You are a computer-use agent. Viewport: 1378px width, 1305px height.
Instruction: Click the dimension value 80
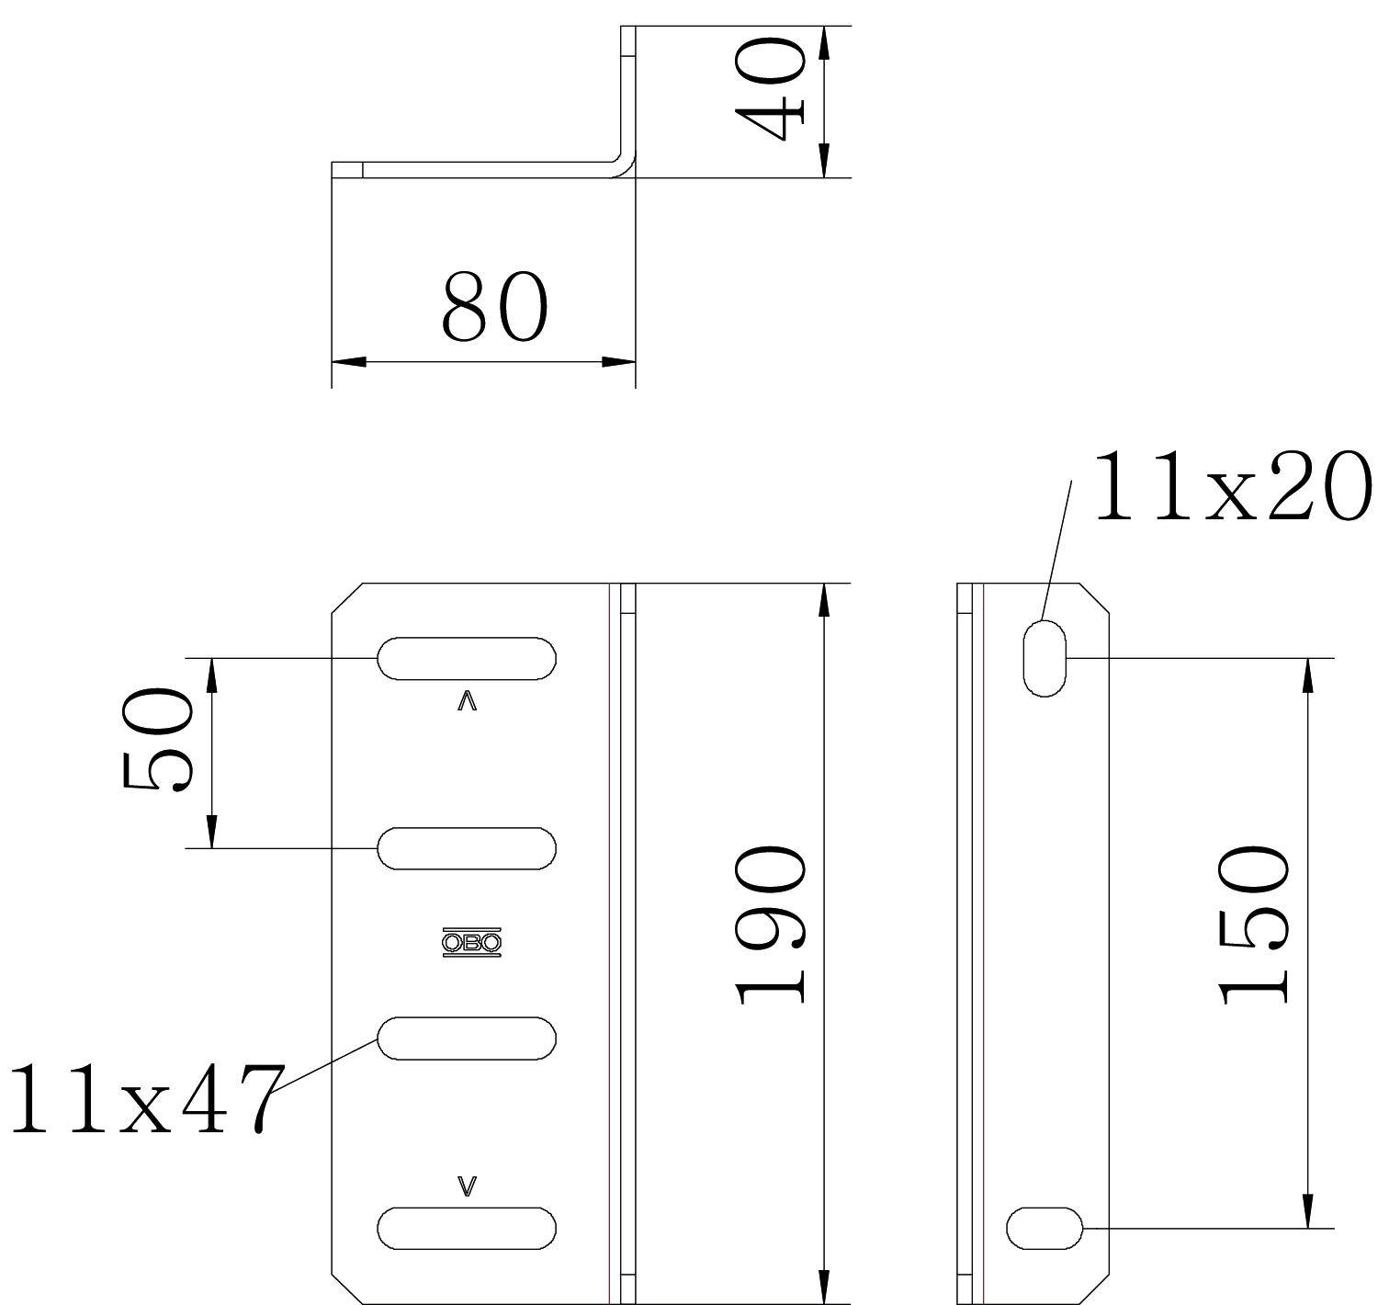tap(494, 306)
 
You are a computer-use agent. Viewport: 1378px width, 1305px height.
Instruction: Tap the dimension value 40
tap(770, 89)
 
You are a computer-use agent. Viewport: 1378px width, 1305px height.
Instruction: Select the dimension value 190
tap(770, 925)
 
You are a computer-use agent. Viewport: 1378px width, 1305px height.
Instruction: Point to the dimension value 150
tap(1253, 925)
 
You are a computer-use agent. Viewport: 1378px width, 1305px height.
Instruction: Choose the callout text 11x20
tap(1232, 486)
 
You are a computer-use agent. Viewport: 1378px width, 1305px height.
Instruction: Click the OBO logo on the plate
tap(471, 943)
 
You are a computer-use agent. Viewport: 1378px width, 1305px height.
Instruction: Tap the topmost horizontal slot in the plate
tap(467, 658)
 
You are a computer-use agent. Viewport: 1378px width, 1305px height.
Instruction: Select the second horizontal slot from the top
tap(467, 848)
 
